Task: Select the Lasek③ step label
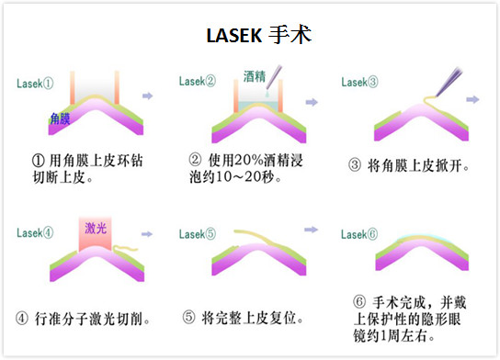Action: tap(359, 82)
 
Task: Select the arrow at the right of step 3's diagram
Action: tap(473, 98)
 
